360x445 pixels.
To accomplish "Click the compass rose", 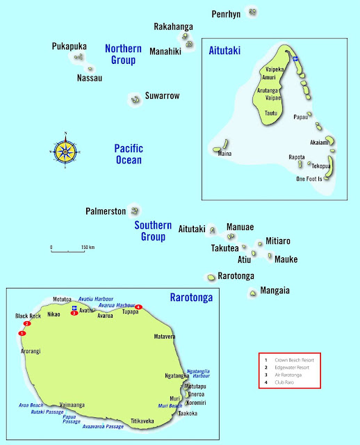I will (x=65, y=150).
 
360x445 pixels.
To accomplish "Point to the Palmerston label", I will (x=106, y=211).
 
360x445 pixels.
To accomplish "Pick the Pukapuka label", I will (x=69, y=47).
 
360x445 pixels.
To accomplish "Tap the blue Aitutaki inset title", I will (x=224, y=51).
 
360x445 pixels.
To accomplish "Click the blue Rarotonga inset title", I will (x=191, y=298).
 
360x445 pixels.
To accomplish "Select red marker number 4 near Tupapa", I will (x=138, y=307).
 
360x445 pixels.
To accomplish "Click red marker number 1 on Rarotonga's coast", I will (x=22, y=334).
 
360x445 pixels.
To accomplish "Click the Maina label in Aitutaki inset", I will (x=225, y=154).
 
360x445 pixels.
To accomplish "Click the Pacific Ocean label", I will (x=129, y=154).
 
